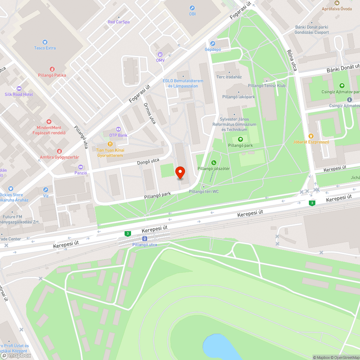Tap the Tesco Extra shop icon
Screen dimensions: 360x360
point(45,42)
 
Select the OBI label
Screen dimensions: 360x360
point(192,14)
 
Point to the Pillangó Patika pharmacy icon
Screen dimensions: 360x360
point(52,69)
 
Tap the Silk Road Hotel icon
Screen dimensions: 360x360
point(19,89)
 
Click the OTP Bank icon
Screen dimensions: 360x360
point(118,129)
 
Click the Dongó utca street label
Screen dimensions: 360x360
point(148,163)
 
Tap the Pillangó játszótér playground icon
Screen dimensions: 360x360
point(214,163)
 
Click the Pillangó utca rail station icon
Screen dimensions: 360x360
point(144,239)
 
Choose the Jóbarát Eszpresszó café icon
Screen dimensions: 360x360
point(311,136)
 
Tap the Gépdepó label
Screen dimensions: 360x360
point(212,49)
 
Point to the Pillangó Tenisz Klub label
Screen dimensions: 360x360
point(267,86)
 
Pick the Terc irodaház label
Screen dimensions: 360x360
point(229,77)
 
